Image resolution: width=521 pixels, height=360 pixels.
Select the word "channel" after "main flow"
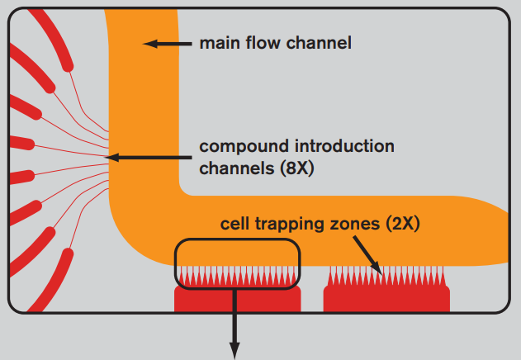(x=319, y=43)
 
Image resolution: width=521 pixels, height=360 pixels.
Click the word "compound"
(x=244, y=147)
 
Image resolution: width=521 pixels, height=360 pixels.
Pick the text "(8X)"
(x=296, y=168)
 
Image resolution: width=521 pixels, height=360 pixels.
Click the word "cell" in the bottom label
(x=234, y=224)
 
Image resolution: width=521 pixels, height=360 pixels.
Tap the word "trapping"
(x=290, y=224)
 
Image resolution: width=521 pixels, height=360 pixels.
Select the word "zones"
(x=355, y=224)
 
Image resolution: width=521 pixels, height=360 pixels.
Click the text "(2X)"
(x=403, y=224)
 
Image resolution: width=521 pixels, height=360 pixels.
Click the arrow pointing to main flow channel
(x=167, y=44)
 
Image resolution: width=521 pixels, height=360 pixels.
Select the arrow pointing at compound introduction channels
(x=148, y=157)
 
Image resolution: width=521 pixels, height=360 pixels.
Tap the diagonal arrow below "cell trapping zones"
(x=367, y=255)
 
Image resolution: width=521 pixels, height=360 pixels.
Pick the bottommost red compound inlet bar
(x=50, y=281)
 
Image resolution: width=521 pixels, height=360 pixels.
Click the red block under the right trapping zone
(x=386, y=299)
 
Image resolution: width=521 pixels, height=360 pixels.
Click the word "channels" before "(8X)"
(x=237, y=168)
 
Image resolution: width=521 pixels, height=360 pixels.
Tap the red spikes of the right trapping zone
(x=386, y=276)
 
